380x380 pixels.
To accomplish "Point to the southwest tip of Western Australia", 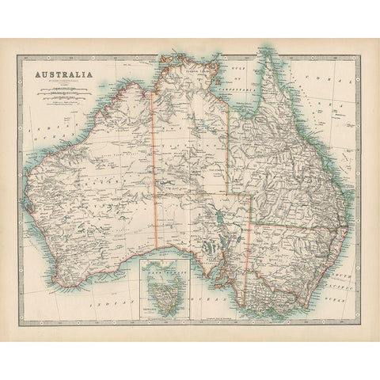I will pyautogui.click(x=47, y=261).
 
